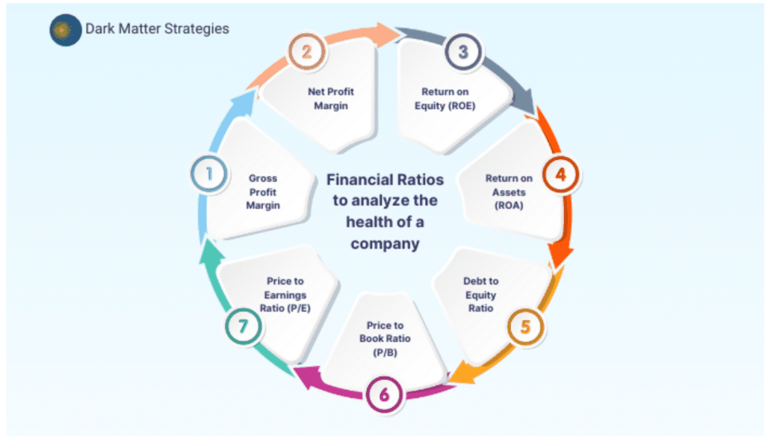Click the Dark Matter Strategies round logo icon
pyautogui.click(x=66, y=30)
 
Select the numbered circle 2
pyautogui.click(x=307, y=52)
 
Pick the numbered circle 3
pyautogui.click(x=463, y=52)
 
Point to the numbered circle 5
pyautogui.click(x=526, y=326)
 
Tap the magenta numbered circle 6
pyautogui.click(x=384, y=394)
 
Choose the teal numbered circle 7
pyautogui.click(x=243, y=326)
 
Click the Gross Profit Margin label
pyautogui.click(x=263, y=192)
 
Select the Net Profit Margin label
pyautogui.click(x=331, y=99)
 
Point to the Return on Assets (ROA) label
pyautogui.click(x=509, y=191)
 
